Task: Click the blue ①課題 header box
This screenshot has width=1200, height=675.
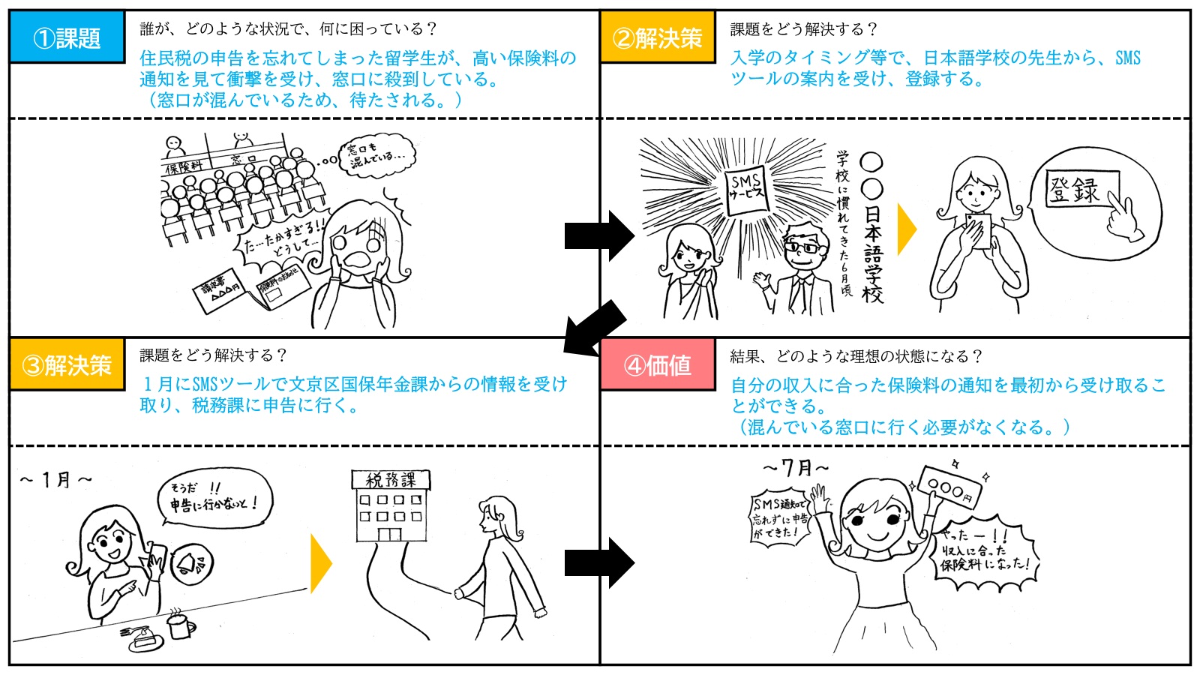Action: tap(67, 37)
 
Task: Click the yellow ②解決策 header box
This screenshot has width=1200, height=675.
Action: tap(658, 37)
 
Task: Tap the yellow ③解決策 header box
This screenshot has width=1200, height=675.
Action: tap(67, 365)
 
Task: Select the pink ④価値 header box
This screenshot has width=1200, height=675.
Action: tap(658, 365)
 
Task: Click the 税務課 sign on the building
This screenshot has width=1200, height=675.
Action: tap(391, 479)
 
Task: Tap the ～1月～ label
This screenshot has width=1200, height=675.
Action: tap(56, 479)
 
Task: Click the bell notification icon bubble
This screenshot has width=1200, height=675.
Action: tap(193, 563)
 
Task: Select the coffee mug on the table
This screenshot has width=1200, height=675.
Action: tap(181, 624)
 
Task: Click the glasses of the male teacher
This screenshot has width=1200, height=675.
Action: tap(802, 246)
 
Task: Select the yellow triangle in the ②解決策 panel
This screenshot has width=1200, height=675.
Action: tap(907, 229)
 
